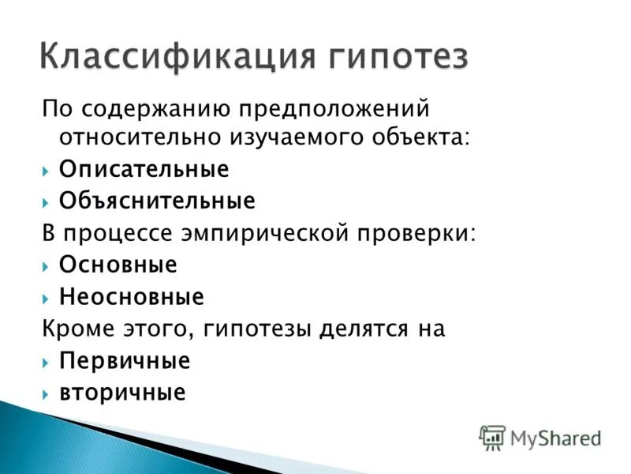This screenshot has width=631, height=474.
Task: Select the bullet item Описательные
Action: tap(144, 169)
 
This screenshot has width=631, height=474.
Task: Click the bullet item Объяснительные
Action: tap(157, 201)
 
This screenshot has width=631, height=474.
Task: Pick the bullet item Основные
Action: tap(118, 265)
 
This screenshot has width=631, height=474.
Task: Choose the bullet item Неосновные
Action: tap(131, 297)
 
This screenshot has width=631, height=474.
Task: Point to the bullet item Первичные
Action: tap(125, 361)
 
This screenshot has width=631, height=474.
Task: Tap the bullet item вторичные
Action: tap(122, 393)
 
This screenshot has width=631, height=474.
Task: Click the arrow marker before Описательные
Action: tap(47, 170)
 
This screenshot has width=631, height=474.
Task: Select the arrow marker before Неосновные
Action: tap(47, 298)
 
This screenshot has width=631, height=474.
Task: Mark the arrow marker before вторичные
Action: tap(47, 393)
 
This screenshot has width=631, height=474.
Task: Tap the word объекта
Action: tap(428, 137)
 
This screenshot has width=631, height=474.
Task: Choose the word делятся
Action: tap(355, 329)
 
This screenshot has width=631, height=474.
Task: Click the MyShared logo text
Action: tap(555, 437)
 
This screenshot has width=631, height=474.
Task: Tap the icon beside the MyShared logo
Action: tap(492, 437)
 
